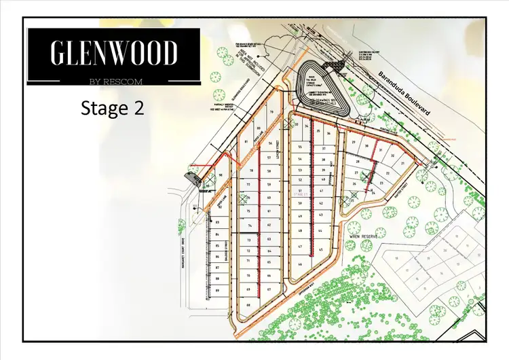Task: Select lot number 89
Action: pyautogui.click(x=218, y=291)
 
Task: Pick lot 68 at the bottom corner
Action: pyautogui.click(x=249, y=305)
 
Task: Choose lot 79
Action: pyautogui.click(x=271, y=112)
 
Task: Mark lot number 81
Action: pyautogui.click(x=246, y=141)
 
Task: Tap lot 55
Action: pyautogui.click(x=299, y=147)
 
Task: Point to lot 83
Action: pyautogui.click(x=217, y=222)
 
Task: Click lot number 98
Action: pyautogui.click(x=221, y=175)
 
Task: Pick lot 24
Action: pyautogui.click(x=374, y=194)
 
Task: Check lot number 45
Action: pyautogui.click(x=319, y=250)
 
